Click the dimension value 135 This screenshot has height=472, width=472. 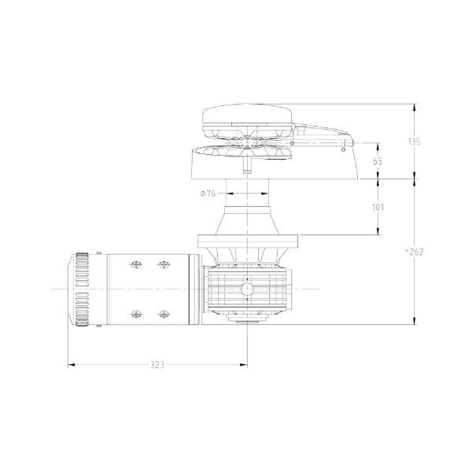tap(415, 142)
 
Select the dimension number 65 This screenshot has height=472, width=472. tap(378, 161)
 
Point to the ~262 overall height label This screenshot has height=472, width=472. tap(415, 252)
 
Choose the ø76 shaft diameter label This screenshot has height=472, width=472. tap(208, 194)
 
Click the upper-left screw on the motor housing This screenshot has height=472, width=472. tap(135, 264)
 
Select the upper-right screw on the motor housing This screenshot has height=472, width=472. tap(164, 264)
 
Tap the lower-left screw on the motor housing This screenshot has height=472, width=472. tap(135, 315)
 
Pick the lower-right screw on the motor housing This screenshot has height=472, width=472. tap(164, 315)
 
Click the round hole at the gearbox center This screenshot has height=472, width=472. tap(247, 290)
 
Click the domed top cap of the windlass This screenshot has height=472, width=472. tap(247, 118)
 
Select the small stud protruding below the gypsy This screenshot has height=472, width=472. tap(247, 168)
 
